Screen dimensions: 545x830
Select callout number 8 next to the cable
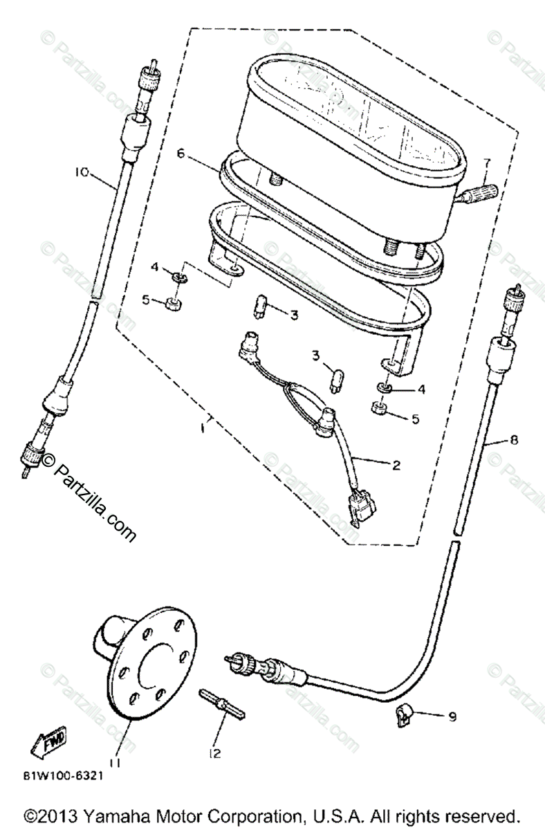pyautogui.click(x=513, y=439)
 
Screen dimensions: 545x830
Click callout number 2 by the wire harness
pyautogui.click(x=395, y=465)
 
